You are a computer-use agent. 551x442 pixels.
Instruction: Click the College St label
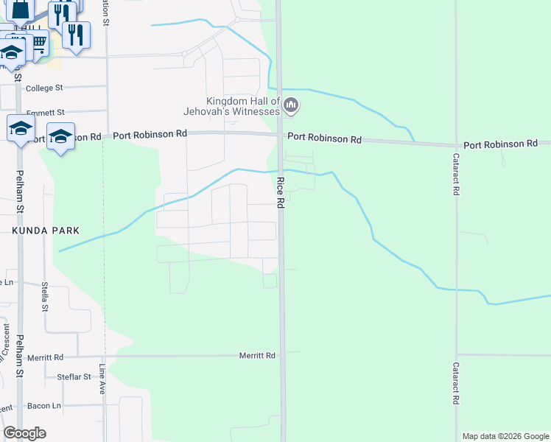44,88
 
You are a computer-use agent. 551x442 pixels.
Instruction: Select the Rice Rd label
281,192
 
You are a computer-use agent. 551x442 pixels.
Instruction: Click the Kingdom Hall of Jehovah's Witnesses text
243,106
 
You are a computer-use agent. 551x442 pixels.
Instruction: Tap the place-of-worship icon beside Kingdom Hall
292,106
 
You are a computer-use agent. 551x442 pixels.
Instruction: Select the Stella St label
45,296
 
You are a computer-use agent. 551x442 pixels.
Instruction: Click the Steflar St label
74,376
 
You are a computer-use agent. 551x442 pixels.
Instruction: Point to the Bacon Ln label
44,405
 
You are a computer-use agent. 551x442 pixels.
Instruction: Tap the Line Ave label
102,379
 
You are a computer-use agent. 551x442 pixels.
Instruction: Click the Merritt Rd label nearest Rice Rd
257,355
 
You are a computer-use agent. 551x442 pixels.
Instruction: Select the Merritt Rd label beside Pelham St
46,357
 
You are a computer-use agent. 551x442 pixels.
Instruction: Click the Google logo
24,433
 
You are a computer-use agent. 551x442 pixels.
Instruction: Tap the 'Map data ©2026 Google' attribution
505,436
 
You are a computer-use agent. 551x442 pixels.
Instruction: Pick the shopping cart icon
38,43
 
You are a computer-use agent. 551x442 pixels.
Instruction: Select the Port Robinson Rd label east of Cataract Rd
500,144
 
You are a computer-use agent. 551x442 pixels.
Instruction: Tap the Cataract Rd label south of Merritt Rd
457,383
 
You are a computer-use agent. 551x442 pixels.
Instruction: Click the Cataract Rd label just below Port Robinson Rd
457,175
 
